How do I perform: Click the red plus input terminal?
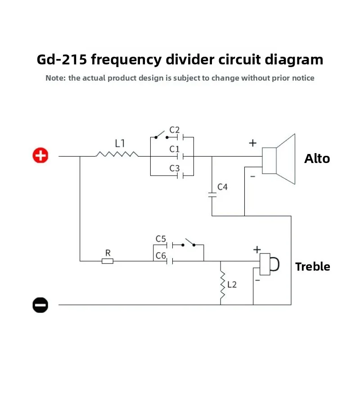click(x=40, y=155)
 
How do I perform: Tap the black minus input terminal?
click(x=40, y=305)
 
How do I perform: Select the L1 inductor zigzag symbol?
click(x=117, y=154)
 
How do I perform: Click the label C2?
click(x=175, y=130)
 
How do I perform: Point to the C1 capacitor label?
click(x=175, y=149)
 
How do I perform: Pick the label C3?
click(x=175, y=168)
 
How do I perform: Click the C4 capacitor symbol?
click(x=212, y=195)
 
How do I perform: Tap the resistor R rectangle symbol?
click(x=108, y=261)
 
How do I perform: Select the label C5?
click(x=161, y=239)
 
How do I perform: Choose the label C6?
click(x=161, y=256)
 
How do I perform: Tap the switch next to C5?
click(x=189, y=243)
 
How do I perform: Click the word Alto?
click(x=317, y=159)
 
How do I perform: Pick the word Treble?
click(x=313, y=267)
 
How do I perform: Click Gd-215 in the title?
click(x=62, y=60)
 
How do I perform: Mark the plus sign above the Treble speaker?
click(x=257, y=249)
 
